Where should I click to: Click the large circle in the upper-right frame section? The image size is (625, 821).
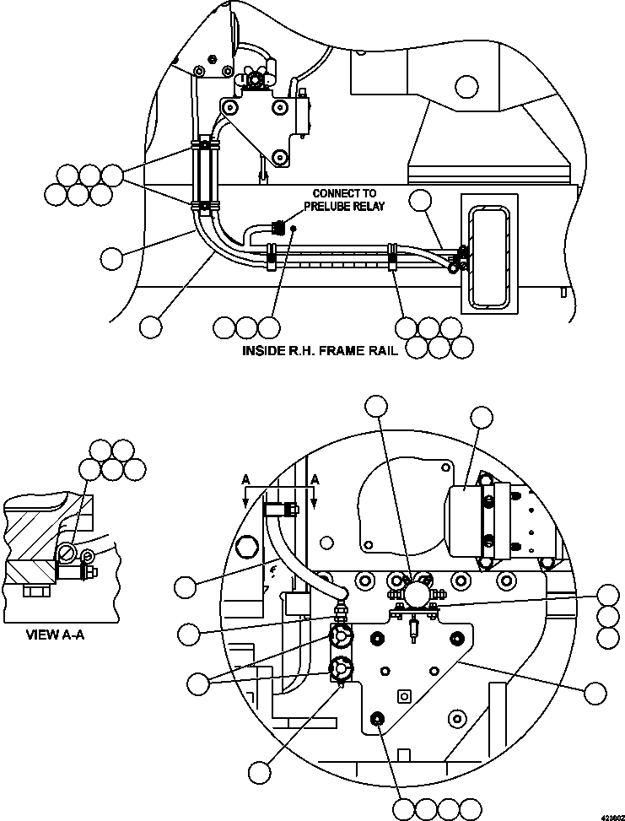pos(465,85)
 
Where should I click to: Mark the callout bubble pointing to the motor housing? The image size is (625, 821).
pos(482,419)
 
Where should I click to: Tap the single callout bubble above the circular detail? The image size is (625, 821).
pos(378,408)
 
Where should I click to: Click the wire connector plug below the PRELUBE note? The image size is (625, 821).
pos(277,228)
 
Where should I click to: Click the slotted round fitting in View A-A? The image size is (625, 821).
pos(66,554)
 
